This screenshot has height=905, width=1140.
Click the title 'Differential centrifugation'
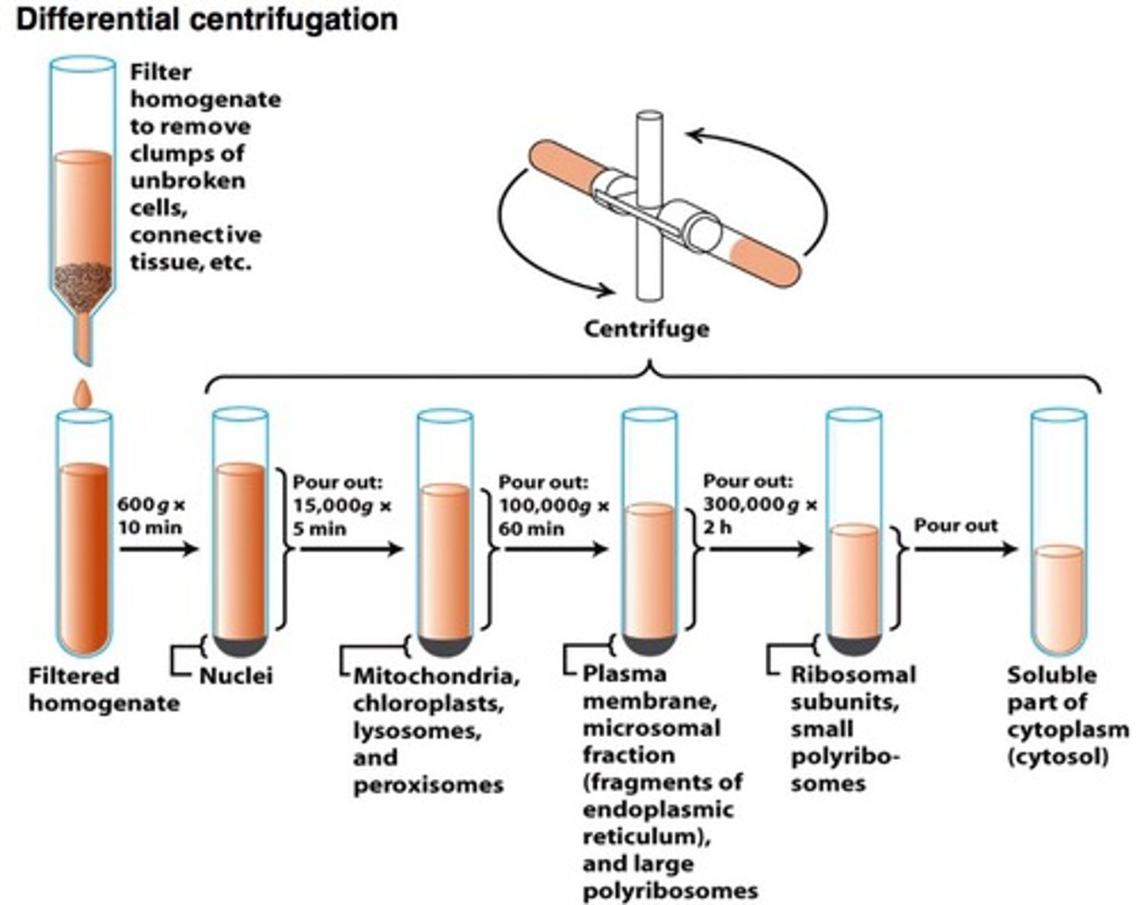click(x=207, y=19)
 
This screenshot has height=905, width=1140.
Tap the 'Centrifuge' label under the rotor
click(x=646, y=328)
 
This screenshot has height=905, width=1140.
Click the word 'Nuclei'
click(x=236, y=675)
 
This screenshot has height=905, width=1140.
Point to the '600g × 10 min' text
click(x=150, y=515)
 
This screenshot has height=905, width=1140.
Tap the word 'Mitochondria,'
click(x=436, y=676)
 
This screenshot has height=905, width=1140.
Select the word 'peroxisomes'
click(x=427, y=785)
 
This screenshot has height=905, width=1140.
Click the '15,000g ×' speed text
click(x=342, y=506)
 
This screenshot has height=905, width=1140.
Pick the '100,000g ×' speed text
click(x=554, y=506)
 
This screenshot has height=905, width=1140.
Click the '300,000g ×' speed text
click(x=760, y=504)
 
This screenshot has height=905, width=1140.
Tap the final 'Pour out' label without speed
click(x=956, y=525)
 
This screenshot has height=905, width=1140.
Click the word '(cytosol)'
click(x=1058, y=756)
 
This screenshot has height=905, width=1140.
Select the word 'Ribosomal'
click(x=853, y=675)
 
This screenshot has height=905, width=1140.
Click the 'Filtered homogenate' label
click(x=103, y=689)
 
